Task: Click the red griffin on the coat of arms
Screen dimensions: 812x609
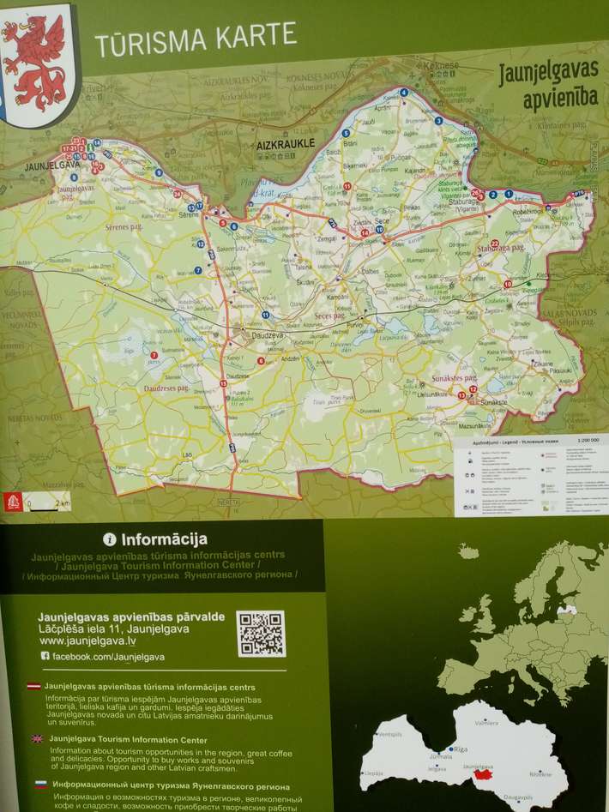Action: (35, 56)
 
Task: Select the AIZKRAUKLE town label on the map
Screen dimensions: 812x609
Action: (286, 144)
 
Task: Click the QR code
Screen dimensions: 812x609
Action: (261, 634)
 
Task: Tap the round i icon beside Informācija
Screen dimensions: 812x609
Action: (110, 539)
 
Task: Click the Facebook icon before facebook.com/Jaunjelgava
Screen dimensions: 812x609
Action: (45, 656)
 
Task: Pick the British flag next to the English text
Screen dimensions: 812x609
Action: (37, 737)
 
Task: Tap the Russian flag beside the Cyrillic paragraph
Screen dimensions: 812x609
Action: (40, 785)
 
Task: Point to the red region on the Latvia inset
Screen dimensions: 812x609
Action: (484, 774)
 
